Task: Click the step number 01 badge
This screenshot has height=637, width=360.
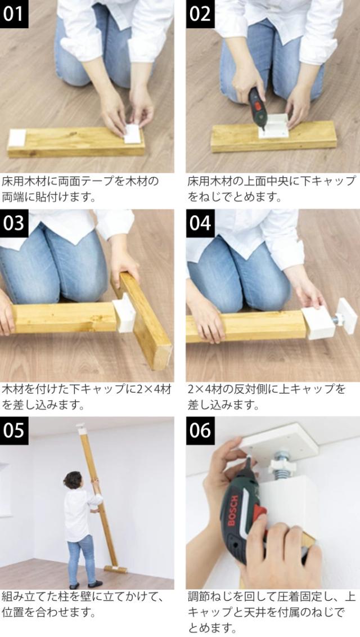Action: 14,14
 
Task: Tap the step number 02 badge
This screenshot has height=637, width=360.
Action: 200,14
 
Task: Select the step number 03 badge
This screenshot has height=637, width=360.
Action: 14,223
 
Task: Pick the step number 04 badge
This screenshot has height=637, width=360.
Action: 200,223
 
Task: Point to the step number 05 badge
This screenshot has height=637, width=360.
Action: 14,430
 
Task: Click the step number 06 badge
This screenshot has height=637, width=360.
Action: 200,430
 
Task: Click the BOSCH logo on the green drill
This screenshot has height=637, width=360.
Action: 234,509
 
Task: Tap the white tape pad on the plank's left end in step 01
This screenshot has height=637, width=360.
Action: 17,138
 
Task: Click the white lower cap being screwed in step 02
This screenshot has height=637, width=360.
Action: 274,127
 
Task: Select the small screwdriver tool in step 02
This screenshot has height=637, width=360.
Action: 257,107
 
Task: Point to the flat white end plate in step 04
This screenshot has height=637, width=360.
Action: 348,316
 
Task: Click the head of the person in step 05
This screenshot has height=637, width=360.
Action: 73,480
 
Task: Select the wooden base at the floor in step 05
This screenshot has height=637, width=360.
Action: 115,569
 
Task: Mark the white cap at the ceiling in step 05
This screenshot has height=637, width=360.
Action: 82,429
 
